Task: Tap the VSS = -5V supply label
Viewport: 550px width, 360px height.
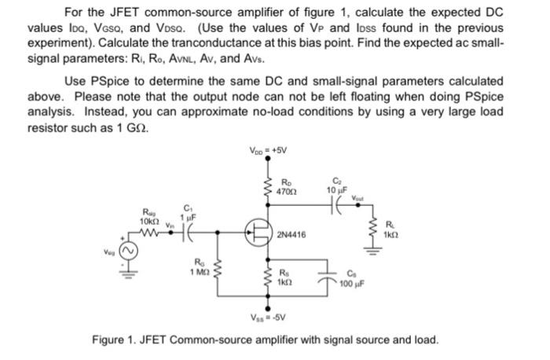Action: (268, 319)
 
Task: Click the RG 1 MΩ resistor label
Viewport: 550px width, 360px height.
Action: (198, 267)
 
